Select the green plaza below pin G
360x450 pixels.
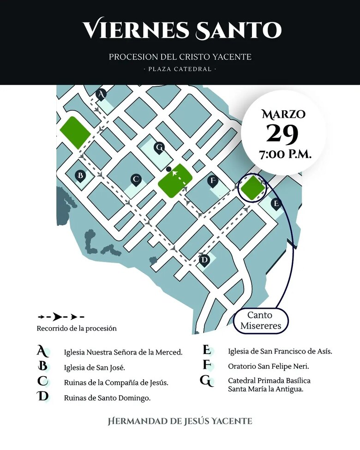coord(175,181)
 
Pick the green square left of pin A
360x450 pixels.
coord(74,132)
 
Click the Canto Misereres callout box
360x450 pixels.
coord(260,320)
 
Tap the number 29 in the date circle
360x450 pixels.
coord(282,134)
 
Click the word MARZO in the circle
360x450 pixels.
coord(283,114)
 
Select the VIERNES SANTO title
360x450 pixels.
coord(182,30)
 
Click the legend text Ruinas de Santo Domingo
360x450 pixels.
coord(107,397)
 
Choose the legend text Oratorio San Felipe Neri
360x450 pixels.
coord(268,366)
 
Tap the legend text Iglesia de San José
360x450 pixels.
coord(95,368)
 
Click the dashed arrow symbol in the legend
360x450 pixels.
coord(60,317)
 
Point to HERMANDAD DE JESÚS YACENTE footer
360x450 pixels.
coord(180,421)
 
